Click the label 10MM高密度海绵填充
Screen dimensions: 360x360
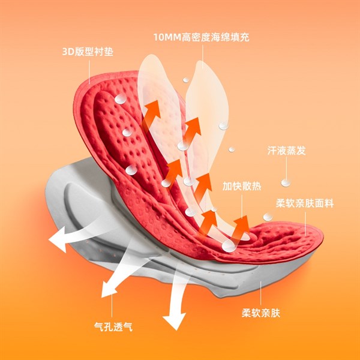coord(202,37)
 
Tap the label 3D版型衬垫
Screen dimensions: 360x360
coord(88,52)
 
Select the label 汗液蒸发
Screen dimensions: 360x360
coord(287,151)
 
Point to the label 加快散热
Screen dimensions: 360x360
coord(242,186)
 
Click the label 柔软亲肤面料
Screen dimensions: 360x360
coord(305,203)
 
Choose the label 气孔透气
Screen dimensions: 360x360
coord(113,326)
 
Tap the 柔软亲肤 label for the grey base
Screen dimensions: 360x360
coord(261,313)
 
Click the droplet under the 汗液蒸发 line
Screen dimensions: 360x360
coord(286,183)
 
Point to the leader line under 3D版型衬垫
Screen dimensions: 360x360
coord(89,72)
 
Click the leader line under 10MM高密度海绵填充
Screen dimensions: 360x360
coord(203,56)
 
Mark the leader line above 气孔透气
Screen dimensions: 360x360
coord(112,305)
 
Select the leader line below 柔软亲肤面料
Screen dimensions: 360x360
coord(305,224)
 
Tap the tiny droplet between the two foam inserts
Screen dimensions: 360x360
coord(186,80)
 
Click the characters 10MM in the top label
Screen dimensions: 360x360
coord(167,37)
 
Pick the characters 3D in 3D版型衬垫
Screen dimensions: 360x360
coord(68,52)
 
